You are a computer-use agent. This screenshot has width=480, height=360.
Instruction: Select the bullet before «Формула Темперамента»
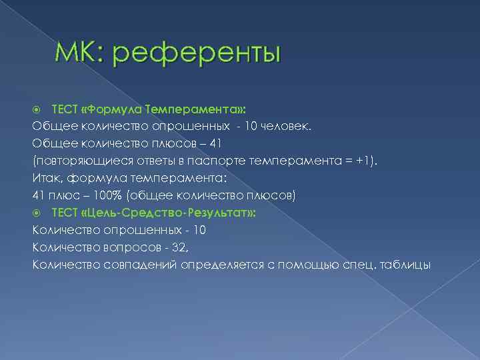pyautogui.click(x=37, y=108)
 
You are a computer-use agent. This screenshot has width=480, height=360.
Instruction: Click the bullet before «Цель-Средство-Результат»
pyautogui.click(x=37, y=212)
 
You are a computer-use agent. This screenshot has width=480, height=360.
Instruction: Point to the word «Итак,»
pyautogui.click(x=44, y=177)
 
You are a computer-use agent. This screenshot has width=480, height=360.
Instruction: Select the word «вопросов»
pyautogui.click(x=129, y=247)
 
